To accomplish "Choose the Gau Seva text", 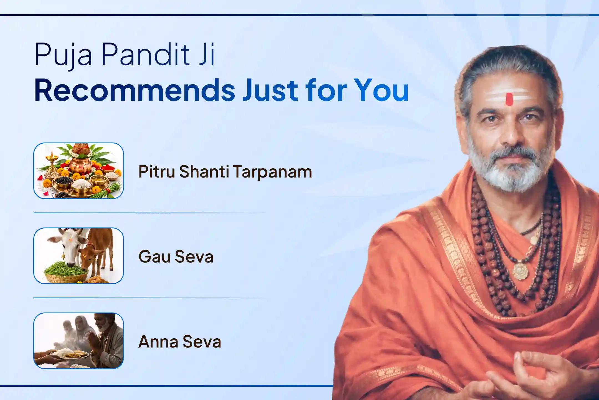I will [176, 256].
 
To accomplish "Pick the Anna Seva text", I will [180, 341].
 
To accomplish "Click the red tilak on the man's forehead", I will [509, 99].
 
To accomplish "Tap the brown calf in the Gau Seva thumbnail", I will [96, 250].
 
